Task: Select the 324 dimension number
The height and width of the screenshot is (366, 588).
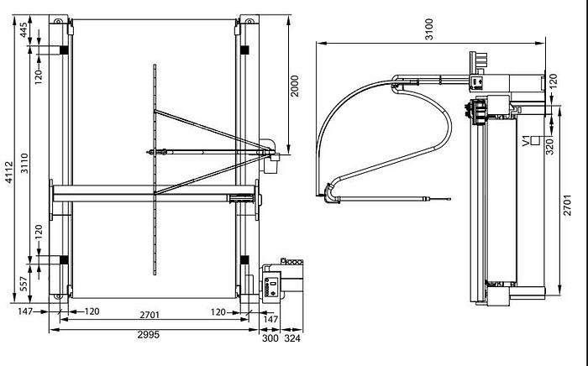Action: (292, 339)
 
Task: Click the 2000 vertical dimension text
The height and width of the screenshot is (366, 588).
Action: (295, 84)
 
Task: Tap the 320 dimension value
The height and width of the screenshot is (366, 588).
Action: (552, 144)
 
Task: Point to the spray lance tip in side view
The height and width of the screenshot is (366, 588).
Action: (448, 199)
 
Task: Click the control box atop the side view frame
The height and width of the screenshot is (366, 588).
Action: (476, 82)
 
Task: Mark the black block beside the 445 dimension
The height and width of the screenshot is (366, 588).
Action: (62, 50)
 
